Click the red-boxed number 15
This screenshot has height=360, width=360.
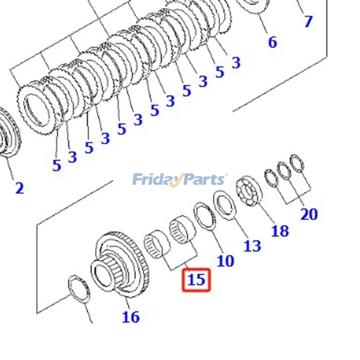pos(196,279)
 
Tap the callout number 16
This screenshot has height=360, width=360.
pos(130,317)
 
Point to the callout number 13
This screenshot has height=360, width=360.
pos(252,246)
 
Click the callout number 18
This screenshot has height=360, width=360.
pos(279,231)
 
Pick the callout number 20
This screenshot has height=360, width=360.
pos(309,214)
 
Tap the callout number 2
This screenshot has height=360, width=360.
pos(19,188)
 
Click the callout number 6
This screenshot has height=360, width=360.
pos(272,42)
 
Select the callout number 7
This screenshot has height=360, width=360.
pos(308,21)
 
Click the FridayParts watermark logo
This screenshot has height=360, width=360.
pos(180,180)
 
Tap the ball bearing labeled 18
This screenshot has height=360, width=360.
pos(249,191)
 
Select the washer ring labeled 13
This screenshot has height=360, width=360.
pos(225,205)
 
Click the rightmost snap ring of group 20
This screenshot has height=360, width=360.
pos(297,163)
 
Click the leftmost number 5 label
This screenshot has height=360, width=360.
pos(56,165)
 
